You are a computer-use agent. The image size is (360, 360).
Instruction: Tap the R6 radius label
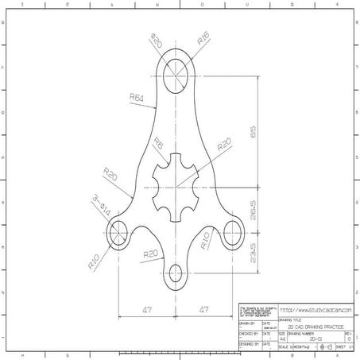click(158, 145)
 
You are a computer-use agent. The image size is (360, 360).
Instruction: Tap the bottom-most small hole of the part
click(175, 275)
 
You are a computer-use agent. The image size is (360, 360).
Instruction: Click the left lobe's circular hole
click(118, 233)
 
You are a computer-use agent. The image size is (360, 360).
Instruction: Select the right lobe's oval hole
click(232, 233)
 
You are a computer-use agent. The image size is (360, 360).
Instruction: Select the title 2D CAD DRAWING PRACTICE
click(310, 327)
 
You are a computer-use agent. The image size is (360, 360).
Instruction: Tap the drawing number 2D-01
click(308, 339)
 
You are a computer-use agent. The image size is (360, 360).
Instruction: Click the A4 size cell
click(282, 339)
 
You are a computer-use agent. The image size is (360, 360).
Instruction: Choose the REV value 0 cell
click(348, 339)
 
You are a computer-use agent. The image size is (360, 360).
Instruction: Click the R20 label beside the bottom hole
click(150, 254)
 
